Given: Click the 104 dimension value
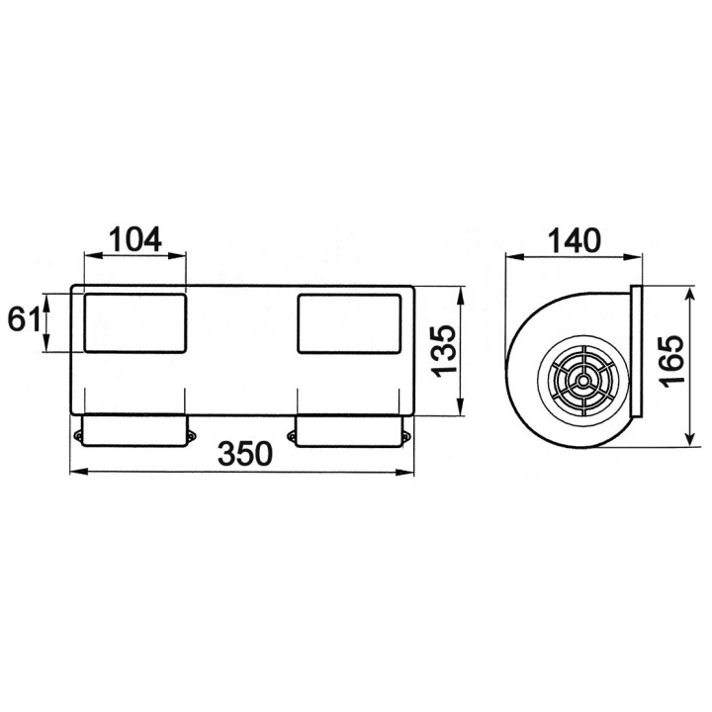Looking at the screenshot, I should [135, 239].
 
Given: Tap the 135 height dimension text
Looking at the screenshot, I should [444, 351].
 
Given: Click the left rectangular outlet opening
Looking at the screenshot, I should [135, 322].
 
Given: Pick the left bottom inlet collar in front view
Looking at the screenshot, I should [135, 430].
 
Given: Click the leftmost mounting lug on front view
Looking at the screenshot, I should [78, 434].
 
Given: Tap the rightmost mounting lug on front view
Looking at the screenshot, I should [404, 434].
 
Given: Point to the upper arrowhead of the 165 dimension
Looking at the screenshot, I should [687, 294].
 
